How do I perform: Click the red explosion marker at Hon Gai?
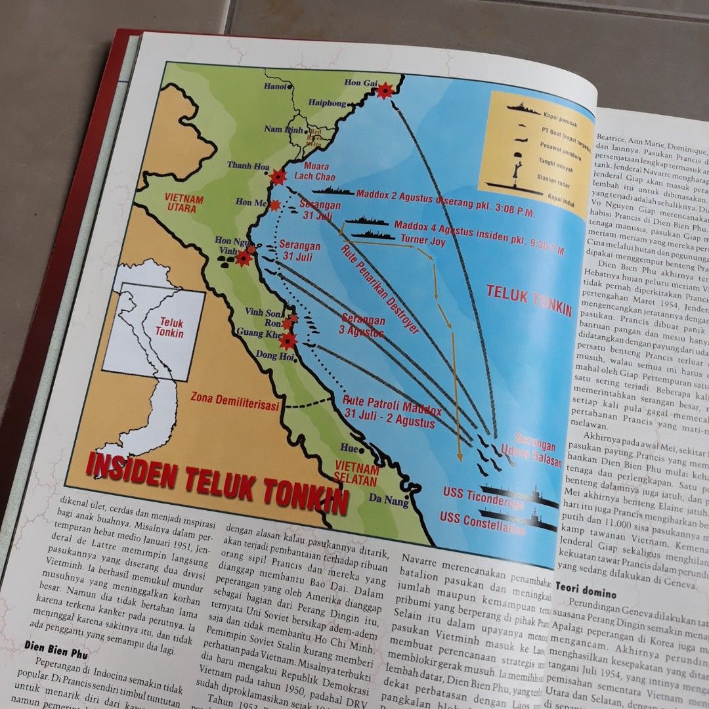click(x=384, y=91)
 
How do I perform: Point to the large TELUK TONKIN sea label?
click(x=529, y=301)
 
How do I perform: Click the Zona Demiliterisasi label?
click(x=235, y=400)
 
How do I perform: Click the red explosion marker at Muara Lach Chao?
click(x=278, y=177)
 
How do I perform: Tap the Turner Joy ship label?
click(x=423, y=241)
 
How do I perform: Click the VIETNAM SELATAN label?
click(x=357, y=475)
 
